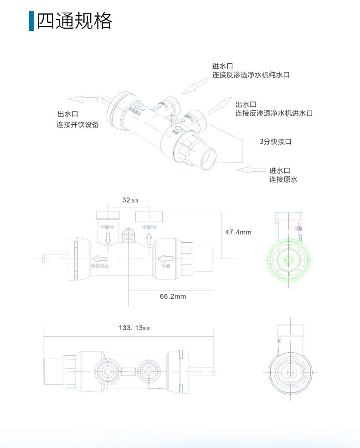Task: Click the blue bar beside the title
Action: click(x=31, y=21)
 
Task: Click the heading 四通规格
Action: click(x=74, y=21)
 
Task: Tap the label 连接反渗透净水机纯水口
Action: click(x=251, y=75)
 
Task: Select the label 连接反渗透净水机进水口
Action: click(x=274, y=113)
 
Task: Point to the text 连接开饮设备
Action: click(x=77, y=124)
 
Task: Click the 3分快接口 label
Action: click(x=275, y=142)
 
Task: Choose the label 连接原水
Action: click(x=283, y=179)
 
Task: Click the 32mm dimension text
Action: click(x=130, y=200)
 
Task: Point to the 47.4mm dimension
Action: click(x=238, y=232)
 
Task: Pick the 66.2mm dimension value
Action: click(x=173, y=296)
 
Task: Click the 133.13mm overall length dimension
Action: click(x=134, y=328)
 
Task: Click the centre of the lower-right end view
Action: click(x=289, y=372)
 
